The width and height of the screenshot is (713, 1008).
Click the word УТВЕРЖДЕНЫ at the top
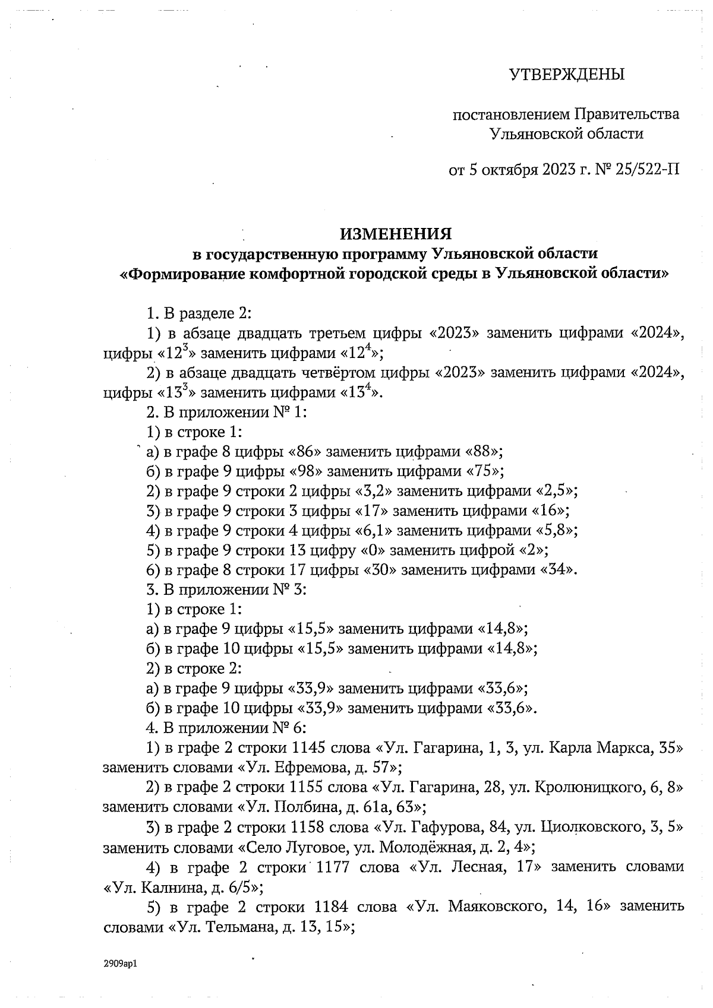click(x=567, y=74)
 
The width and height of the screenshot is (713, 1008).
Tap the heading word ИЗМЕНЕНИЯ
click(x=396, y=233)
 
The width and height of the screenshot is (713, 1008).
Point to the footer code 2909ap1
click(x=120, y=964)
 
